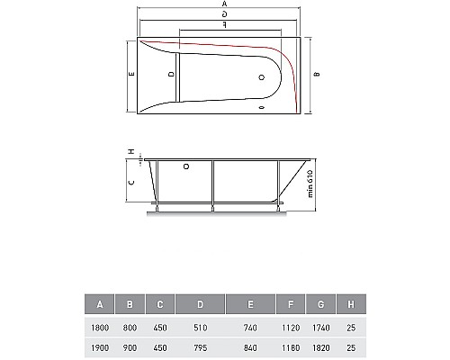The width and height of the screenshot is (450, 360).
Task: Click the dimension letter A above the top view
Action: (224, 4)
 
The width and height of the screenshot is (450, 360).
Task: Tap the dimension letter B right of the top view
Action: (317, 74)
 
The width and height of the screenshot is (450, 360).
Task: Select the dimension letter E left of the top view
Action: (131, 74)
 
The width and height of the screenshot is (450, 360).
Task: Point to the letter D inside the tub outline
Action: (172, 74)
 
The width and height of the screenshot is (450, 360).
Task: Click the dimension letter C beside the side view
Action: (131, 183)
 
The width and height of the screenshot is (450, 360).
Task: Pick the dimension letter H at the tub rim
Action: (131, 152)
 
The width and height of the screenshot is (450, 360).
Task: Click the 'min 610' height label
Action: (310, 184)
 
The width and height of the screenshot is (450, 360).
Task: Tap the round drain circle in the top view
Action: (262, 77)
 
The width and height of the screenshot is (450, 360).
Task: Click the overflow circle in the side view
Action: (186, 166)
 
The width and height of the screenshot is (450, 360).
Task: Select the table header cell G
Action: (320, 304)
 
